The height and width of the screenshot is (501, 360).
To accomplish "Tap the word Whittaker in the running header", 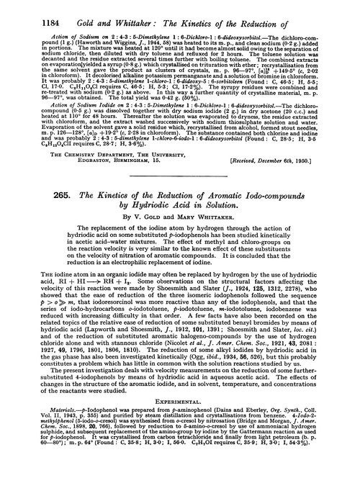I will pos(122,10).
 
